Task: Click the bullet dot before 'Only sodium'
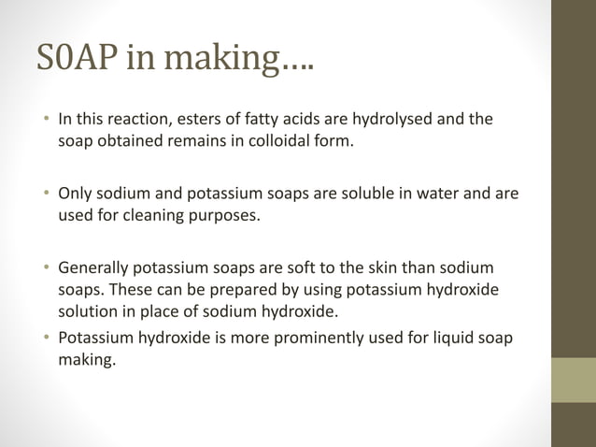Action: tap(46, 195)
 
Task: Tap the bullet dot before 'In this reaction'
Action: tap(46, 120)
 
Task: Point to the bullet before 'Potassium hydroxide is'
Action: tap(46, 338)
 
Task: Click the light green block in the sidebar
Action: tap(574, 380)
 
